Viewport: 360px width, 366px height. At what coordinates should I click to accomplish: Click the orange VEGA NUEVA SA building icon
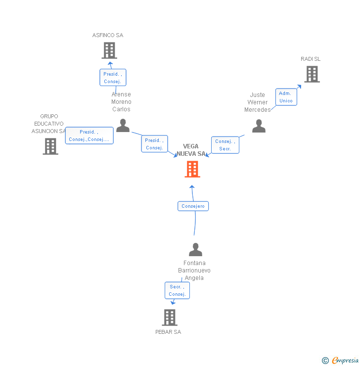[192, 169]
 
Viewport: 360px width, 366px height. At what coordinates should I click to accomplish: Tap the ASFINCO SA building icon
[109, 50]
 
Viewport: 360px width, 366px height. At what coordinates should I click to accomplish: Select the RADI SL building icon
[312, 74]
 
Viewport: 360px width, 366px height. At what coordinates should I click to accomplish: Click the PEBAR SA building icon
[170, 318]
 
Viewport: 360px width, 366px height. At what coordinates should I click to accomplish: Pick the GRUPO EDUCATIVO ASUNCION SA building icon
[50, 146]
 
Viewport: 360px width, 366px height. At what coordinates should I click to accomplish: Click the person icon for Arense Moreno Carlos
[123, 126]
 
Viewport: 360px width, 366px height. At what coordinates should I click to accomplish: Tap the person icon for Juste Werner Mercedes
[259, 126]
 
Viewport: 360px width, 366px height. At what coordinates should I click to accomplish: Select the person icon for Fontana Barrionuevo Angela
[195, 250]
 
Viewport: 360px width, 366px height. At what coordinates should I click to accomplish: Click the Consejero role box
[193, 206]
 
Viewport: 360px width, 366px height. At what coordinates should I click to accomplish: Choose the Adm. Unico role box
[286, 97]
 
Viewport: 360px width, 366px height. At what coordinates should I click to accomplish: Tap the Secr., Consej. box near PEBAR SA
[177, 290]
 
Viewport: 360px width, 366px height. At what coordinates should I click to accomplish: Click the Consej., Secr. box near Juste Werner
[225, 145]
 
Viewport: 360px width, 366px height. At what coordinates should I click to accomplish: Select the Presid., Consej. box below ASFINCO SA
[113, 78]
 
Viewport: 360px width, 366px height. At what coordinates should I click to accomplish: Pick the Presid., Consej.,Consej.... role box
[90, 136]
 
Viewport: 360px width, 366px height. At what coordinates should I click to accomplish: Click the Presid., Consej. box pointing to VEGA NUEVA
[154, 144]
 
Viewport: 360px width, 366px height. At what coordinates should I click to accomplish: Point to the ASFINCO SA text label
[108, 36]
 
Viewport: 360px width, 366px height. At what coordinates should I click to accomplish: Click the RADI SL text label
[311, 59]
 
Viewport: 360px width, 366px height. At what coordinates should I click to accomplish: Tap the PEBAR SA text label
[168, 332]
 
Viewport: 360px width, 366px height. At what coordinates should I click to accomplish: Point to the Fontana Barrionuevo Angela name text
[194, 271]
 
